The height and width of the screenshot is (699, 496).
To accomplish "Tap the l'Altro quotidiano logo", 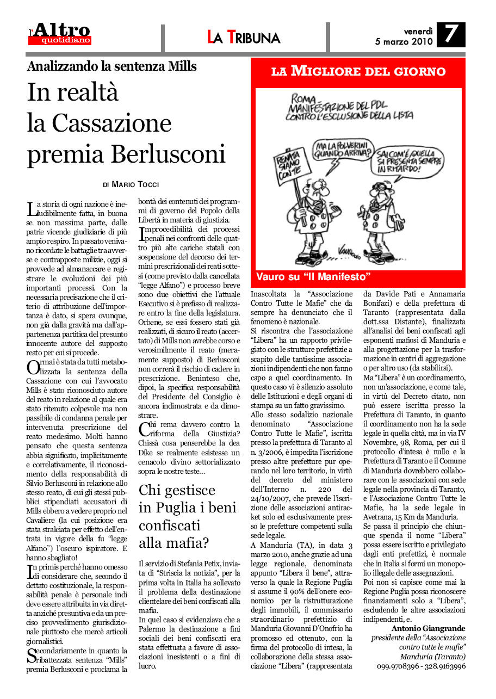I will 60,34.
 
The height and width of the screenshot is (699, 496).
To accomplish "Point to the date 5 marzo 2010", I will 404,41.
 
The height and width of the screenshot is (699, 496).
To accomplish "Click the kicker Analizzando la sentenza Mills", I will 111,67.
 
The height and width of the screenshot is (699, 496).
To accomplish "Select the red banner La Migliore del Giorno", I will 358,71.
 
